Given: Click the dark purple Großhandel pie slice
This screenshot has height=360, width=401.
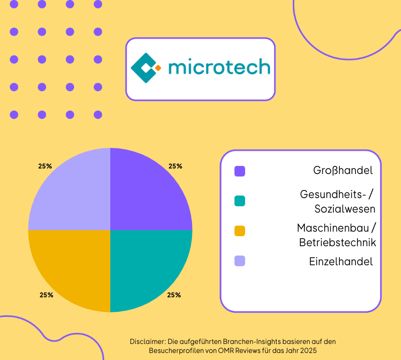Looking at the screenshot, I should (x=145, y=196).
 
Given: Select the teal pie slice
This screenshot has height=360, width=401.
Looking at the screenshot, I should (x=145, y=266).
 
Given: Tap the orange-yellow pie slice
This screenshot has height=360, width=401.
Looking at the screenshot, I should (x=75, y=266).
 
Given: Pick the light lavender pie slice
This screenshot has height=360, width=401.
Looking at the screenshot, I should (x=75, y=196).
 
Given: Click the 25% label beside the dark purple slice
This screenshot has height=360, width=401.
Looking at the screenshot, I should (x=175, y=166).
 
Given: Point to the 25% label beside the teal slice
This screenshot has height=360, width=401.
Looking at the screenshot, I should (x=174, y=295).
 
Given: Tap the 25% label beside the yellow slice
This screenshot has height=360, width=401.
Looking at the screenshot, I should (x=46, y=295).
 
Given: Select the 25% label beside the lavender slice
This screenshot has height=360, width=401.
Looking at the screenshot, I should (x=45, y=166).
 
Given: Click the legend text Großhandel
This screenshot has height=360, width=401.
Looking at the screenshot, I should (x=343, y=170).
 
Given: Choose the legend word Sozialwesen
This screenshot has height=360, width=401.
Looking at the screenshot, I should (x=345, y=208).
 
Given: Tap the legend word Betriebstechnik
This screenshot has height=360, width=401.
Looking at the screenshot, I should (x=337, y=243).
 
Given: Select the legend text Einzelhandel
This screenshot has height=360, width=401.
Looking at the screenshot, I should (x=341, y=261).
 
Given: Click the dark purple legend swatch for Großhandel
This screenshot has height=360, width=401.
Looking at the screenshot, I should (x=240, y=171).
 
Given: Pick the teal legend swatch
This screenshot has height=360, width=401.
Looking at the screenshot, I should (x=240, y=201).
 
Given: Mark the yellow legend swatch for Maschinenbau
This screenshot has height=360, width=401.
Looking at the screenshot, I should (x=240, y=231).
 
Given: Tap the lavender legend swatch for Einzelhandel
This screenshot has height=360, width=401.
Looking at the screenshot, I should (x=240, y=261).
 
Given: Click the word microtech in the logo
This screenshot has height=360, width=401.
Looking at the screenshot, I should (x=219, y=68).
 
